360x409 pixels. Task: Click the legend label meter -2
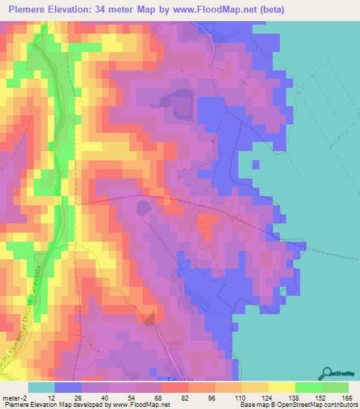[x=13, y=397]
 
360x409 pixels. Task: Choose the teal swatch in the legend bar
[x=41, y=387]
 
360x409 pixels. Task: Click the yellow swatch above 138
[x=282, y=387]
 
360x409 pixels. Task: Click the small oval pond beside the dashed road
[x=143, y=207]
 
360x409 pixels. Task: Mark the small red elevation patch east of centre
[x=207, y=225]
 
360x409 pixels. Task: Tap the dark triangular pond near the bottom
[x=150, y=318]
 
